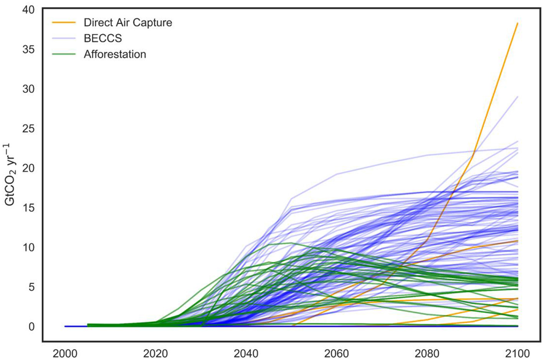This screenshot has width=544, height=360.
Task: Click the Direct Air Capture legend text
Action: [x=127, y=23]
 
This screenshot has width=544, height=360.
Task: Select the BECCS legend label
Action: [x=103, y=38]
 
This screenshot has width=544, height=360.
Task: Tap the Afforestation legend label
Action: [x=115, y=54]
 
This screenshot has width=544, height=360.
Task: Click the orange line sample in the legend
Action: [x=64, y=23]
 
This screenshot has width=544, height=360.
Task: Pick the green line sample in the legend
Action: [x=64, y=54]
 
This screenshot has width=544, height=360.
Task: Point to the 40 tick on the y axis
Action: [x=28, y=10]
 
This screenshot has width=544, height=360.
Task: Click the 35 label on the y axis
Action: [x=28, y=50]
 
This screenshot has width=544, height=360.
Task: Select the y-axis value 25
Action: [x=28, y=129]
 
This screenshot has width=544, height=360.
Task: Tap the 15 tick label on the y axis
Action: [x=28, y=208]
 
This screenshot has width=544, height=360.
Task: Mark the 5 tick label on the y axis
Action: [x=31, y=287]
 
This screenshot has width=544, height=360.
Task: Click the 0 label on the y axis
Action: [x=31, y=327]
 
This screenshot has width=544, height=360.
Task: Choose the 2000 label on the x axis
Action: [x=65, y=353]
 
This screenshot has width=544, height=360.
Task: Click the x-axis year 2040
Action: [x=246, y=353]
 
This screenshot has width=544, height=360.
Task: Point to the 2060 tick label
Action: [x=337, y=353]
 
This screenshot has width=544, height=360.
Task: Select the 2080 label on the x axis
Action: [x=427, y=353]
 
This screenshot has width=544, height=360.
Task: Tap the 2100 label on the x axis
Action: [x=518, y=353]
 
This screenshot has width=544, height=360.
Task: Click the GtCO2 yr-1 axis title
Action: [x=10, y=175]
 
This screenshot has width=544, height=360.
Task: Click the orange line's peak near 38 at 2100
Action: [x=518, y=24]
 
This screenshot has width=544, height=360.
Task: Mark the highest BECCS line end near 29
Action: [x=518, y=97]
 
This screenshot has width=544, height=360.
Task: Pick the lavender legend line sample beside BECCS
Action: [x=64, y=38]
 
